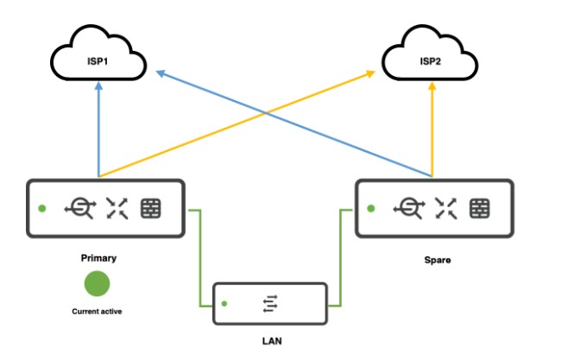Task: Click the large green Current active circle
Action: [96, 284]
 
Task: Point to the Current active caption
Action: [96, 311]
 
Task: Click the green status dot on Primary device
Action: [41, 208]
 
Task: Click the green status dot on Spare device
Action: [371, 208]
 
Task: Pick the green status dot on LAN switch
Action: [224, 303]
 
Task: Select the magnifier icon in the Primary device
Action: [79, 208]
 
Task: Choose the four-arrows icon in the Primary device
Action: [116, 208]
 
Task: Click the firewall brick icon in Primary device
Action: [150, 208]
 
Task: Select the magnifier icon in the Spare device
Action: [408, 208]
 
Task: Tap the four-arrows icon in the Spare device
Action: [445, 208]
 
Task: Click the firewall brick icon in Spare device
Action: [480, 208]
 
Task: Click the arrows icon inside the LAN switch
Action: [270, 303]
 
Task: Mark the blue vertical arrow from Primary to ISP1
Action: [99, 129]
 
